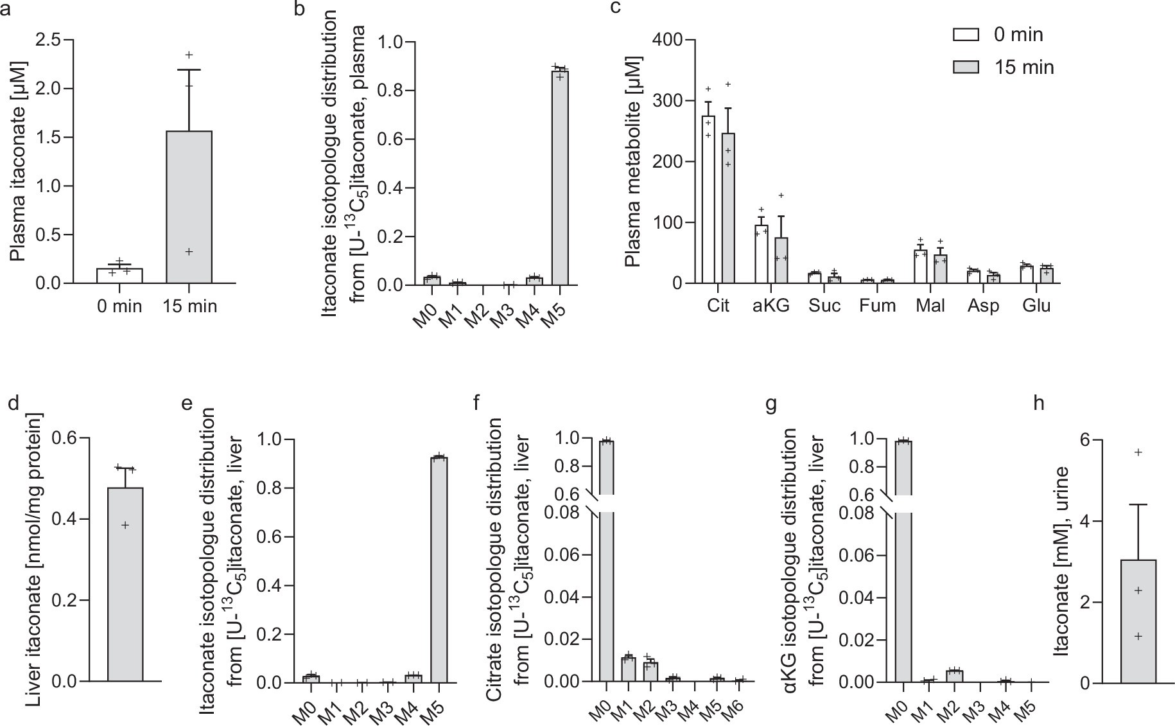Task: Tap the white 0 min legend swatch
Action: tap(966, 35)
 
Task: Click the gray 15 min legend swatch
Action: tap(966, 67)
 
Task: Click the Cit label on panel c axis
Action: tap(718, 305)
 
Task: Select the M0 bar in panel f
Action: tap(606, 591)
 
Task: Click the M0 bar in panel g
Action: tap(903, 591)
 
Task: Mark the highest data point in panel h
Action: tap(1138, 452)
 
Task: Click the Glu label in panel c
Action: tap(1036, 305)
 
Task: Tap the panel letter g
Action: tap(771, 403)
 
